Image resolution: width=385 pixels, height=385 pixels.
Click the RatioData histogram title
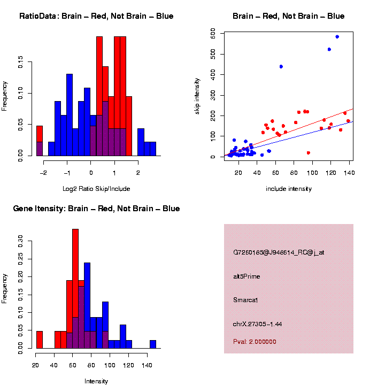[x=96, y=16]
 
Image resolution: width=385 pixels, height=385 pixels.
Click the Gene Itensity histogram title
[x=96, y=209]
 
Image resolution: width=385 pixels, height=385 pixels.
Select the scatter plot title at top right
[x=288, y=16]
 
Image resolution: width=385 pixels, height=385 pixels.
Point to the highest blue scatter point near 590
[x=337, y=37]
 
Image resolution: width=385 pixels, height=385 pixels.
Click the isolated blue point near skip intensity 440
[x=281, y=67]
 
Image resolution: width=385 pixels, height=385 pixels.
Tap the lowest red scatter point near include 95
[x=309, y=153]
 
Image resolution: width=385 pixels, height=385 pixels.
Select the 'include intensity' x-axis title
[x=288, y=189]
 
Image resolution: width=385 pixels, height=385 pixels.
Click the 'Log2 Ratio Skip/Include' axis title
[x=96, y=189]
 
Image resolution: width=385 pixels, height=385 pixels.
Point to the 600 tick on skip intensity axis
[x=213, y=34]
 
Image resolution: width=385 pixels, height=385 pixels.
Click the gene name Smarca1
[x=246, y=301]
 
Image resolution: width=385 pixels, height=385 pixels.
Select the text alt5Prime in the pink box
[x=247, y=276]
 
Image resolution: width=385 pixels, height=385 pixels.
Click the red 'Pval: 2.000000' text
[x=255, y=342]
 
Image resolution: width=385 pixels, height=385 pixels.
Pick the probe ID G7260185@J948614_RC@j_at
[x=279, y=252]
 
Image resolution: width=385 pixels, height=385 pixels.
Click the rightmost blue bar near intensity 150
[x=153, y=344]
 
